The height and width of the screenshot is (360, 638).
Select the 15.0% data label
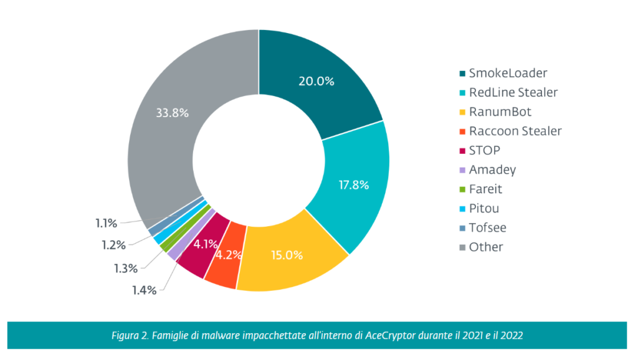(x=287, y=255)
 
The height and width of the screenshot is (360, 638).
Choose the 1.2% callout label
(x=113, y=245)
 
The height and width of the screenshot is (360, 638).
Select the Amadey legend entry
(x=492, y=169)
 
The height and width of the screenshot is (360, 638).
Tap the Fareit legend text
(x=486, y=189)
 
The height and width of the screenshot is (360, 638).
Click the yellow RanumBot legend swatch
(x=462, y=112)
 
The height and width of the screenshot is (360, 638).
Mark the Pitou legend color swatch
(x=462, y=209)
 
